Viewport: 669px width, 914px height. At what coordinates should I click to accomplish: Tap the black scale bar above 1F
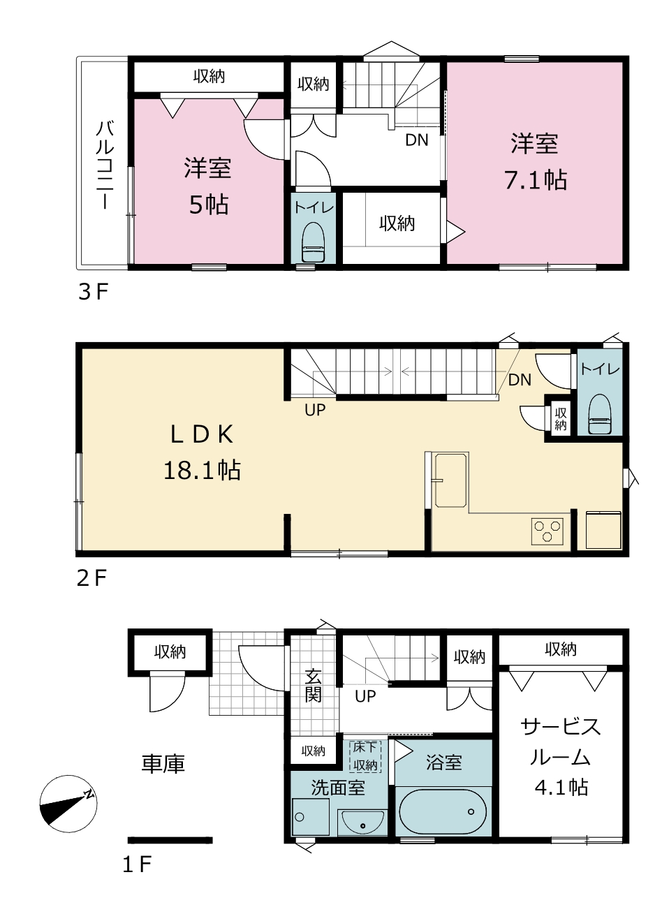click(170, 840)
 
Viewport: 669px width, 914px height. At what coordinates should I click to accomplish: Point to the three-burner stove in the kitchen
click(547, 531)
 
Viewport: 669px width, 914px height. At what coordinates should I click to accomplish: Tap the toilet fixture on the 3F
click(313, 242)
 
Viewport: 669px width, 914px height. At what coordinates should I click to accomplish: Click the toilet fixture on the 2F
click(599, 414)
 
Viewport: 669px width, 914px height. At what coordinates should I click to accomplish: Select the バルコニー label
click(105, 164)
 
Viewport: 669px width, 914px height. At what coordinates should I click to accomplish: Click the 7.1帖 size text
click(535, 179)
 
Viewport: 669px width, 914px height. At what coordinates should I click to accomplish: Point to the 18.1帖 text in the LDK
click(202, 470)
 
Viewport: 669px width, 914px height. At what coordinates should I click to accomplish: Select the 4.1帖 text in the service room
click(561, 786)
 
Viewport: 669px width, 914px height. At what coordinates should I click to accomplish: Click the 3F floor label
click(93, 292)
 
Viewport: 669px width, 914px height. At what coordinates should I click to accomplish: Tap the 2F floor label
click(92, 578)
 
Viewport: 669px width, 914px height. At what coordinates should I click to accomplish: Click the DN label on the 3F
click(416, 140)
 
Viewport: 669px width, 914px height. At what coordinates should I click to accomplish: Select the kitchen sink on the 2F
click(450, 480)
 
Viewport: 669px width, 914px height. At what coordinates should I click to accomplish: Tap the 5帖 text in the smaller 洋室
click(209, 205)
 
